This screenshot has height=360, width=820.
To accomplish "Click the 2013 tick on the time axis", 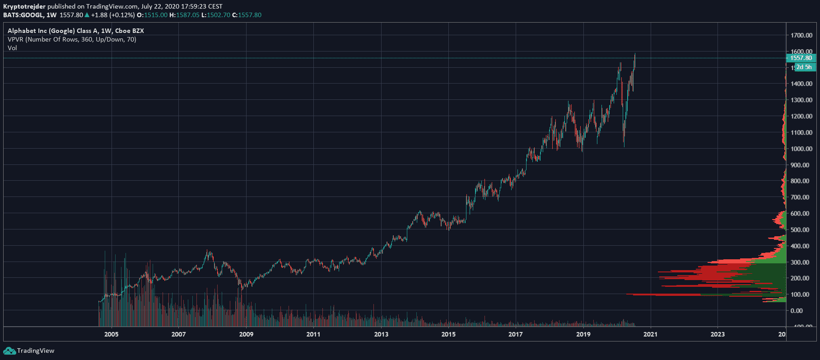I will click(x=381, y=334).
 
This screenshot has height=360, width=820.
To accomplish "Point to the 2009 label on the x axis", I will click(x=246, y=334).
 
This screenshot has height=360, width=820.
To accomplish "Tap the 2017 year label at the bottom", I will click(x=516, y=334).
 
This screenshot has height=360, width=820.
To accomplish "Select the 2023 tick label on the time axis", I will click(x=717, y=334).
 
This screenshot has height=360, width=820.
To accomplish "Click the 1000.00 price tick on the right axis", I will click(x=801, y=149).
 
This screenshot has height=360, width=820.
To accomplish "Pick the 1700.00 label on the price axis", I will click(x=801, y=35).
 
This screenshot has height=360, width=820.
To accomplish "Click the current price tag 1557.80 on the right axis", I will click(x=801, y=58).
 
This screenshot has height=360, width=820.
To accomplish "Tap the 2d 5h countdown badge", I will click(x=804, y=67).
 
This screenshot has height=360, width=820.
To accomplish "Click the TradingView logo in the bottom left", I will click(x=29, y=351).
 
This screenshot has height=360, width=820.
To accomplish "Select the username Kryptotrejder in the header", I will click(x=24, y=6).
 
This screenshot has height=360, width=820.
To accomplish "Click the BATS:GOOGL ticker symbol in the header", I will click(x=23, y=15).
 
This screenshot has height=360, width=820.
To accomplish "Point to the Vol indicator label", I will click(x=12, y=48).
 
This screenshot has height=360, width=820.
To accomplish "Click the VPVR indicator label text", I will click(x=72, y=39).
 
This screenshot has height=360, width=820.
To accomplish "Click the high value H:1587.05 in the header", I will click(x=184, y=15).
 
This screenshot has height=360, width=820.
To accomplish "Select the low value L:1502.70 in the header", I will click(x=216, y=15).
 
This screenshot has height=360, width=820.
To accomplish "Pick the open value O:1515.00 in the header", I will click(x=152, y=15).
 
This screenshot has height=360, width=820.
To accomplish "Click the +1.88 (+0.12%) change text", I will click(x=113, y=15).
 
